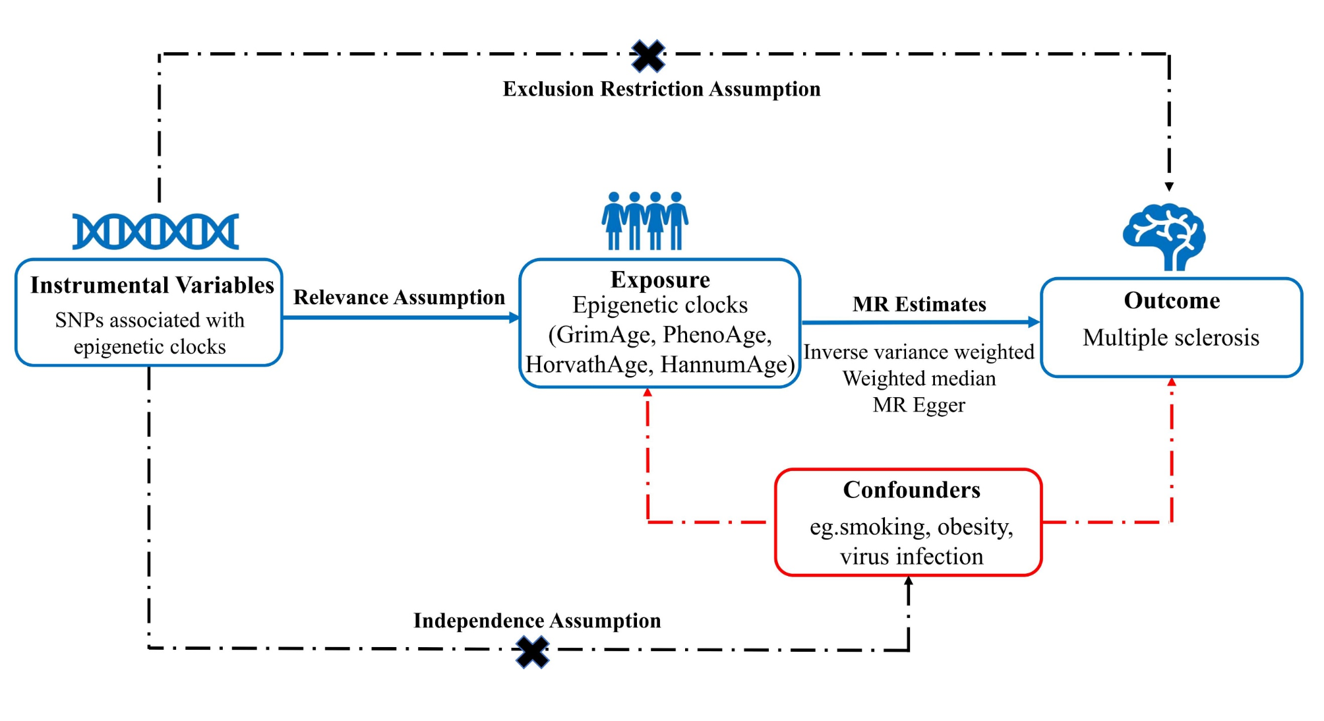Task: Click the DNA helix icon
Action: [156, 232]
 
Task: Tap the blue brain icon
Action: [1164, 236]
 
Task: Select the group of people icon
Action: [645, 220]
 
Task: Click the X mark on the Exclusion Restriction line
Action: [648, 56]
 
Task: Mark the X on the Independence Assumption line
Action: [533, 652]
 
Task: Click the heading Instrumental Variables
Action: [152, 285]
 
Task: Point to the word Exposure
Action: [660, 280]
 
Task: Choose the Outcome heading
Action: [1172, 301]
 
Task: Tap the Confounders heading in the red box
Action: [911, 490]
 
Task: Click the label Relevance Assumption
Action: [399, 298]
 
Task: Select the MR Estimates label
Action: [919, 304]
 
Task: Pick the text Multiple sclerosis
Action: [1171, 338]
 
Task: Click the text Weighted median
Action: [919, 379]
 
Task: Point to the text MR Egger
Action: [919, 405]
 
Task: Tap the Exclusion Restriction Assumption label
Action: [661, 89]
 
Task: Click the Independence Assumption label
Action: [537, 621]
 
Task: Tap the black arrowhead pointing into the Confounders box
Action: [909, 581]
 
